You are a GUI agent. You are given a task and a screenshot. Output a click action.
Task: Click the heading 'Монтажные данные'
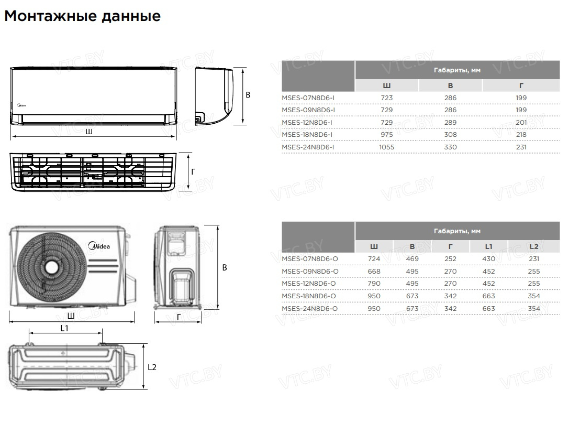click(x=82, y=16)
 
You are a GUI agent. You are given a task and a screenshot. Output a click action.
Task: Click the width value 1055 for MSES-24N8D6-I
click(x=386, y=147)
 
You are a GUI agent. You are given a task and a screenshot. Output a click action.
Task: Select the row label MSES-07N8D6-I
click(x=308, y=98)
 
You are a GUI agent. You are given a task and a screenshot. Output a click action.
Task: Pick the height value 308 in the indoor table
click(x=450, y=135)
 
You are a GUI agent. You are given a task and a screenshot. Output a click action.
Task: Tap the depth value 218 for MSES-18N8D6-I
click(x=521, y=135)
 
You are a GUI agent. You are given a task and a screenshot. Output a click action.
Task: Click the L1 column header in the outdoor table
click(x=489, y=246)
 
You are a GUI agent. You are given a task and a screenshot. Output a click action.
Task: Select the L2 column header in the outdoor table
click(x=534, y=246)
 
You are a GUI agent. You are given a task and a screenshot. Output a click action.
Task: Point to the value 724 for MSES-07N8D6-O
click(x=374, y=259)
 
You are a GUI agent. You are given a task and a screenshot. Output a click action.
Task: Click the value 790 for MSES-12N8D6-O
click(x=374, y=284)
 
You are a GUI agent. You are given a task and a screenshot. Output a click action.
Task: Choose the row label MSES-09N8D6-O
click(x=310, y=271)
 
